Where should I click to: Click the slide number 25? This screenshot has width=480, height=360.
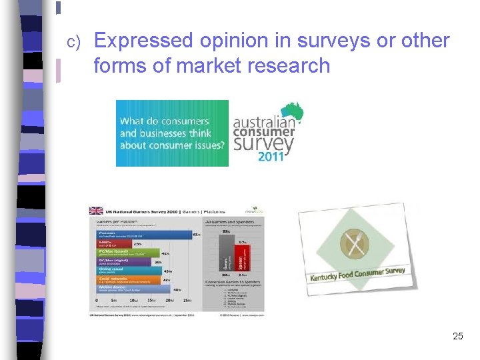pyautogui.click(x=457, y=336)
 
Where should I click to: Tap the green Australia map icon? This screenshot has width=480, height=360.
pyautogui.click(x=291, y=112)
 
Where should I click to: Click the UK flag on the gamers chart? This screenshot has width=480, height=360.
pyautogui.click(x=96, y=211)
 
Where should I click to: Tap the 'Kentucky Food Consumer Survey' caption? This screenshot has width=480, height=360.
pyautogui.click(x=357, y=274)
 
